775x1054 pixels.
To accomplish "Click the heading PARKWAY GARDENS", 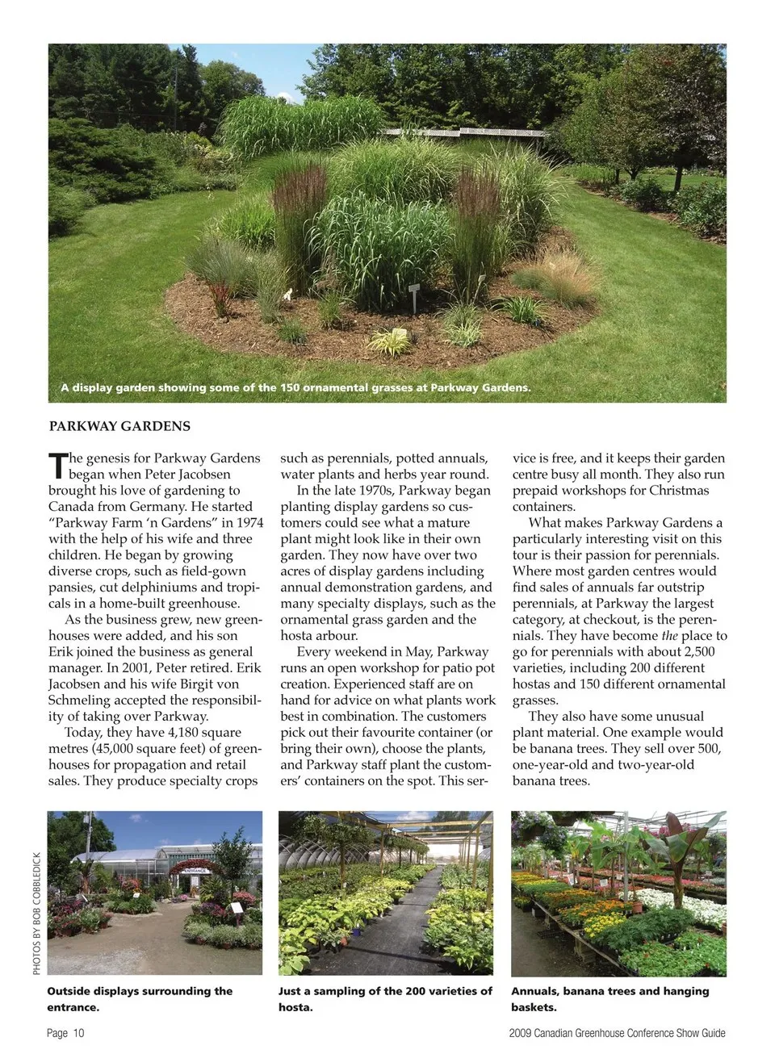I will (x=119, y=426).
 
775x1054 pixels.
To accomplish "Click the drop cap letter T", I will (x=57, y=466).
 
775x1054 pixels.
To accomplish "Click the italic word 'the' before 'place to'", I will (x=669, y=636).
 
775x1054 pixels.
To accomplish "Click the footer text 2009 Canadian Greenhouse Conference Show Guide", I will (x=617, y=1033).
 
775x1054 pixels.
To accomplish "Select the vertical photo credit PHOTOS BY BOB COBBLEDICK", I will (x=37, y=913).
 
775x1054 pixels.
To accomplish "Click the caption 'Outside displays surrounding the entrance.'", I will (x=140, y=998).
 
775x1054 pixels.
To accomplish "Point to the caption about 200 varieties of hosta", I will (x=385, y=998).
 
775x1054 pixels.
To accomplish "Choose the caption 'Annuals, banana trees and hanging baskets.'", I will (x=610, y=998).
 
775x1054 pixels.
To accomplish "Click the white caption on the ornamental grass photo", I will (x=295, y=387).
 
